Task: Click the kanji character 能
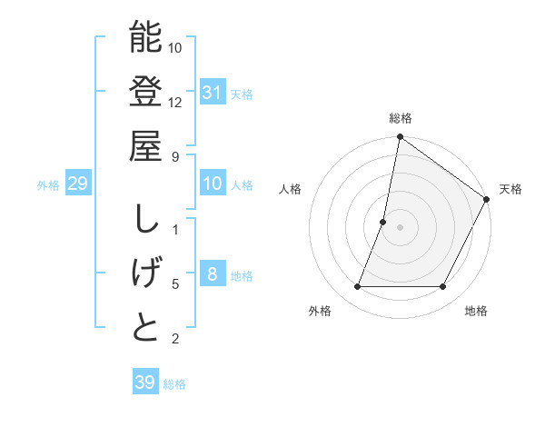click(145, 37)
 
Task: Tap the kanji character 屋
click(145, 146)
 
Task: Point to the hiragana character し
click(145, 219)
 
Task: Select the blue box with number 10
click(213, 184)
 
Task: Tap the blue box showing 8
click(213, 274)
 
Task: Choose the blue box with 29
click(78, 184)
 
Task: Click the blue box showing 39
click(144, 382)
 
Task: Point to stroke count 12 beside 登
click(175, 101)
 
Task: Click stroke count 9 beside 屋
click(175, 155)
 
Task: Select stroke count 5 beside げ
click(175, 284)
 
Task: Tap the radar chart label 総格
click(400, 118)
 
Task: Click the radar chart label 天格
click(510, 189)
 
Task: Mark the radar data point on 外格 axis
click(357, 287)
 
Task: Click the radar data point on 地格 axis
click(443, 287)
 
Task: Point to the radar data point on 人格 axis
click(383, 222)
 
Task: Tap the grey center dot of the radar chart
click(400, 227)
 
